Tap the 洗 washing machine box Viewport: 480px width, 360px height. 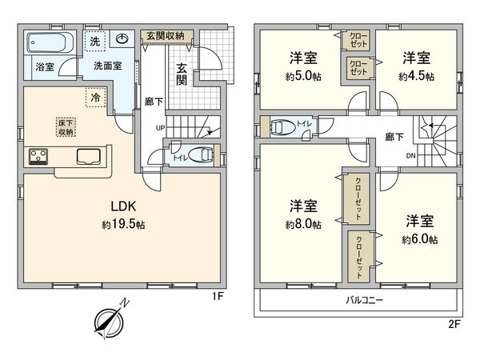tap(95, 41)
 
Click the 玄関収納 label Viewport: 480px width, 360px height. tap(165, 36)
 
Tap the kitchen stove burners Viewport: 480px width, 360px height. tap(38, 155)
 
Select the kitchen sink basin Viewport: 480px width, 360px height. tap(87, 155)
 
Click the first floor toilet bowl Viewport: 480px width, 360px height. tap(204, 155)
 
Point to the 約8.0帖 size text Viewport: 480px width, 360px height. tap(304, 226)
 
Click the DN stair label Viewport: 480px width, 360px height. tap(410, 156)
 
